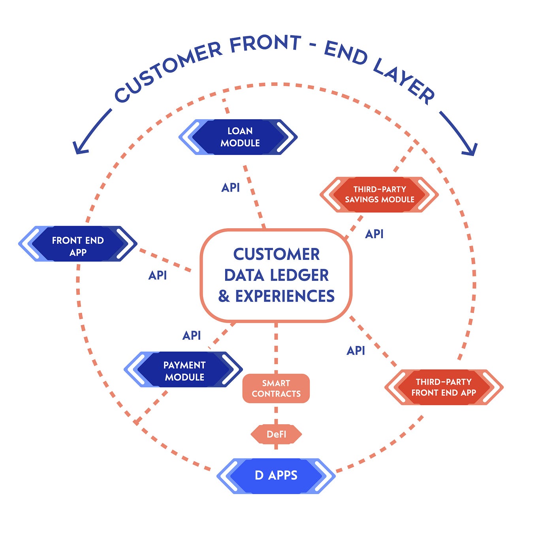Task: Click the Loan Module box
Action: point(238,137)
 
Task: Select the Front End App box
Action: point(78,244)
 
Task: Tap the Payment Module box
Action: point(184,370)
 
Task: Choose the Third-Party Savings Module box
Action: point(379,194)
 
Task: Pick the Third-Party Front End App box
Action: point(444,387)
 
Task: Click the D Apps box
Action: point(276,476)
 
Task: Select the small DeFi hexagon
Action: point(276,434)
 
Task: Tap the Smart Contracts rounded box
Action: point(276,388)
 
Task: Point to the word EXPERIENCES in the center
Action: point(285,296)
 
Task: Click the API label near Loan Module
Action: point(230,188)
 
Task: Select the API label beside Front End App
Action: point(158,275)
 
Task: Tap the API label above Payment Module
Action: point(192,336)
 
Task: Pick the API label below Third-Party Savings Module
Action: point(374,234)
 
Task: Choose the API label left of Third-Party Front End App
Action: point(355,351)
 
